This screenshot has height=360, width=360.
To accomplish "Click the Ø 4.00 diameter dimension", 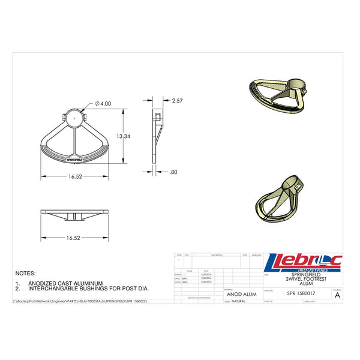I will coord(103,104).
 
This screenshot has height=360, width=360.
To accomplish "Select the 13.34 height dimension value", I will coord(124,136).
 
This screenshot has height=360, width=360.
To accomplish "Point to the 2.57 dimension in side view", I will coord(177,101).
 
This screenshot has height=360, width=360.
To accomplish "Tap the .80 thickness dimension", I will coord(173,172).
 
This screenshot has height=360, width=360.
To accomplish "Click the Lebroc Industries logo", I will coord(302,263).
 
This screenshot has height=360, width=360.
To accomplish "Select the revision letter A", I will coord(337,295).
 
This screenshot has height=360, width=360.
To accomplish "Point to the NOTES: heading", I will coord(26,273).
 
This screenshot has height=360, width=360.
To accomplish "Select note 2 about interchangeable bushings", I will coord(84,288).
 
